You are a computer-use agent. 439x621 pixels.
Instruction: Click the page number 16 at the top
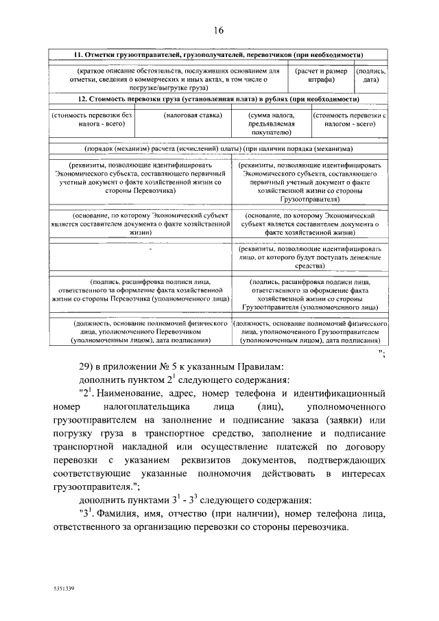(x=219, y=30)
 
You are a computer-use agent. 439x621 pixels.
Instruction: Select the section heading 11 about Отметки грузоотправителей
(x=219, y=54)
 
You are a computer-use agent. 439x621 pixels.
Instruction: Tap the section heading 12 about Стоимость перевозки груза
(x=219, y=99)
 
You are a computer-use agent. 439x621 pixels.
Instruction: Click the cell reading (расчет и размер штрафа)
(x=321, y=75)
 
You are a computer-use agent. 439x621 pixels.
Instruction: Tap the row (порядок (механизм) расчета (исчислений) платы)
(x=219, y=148)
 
